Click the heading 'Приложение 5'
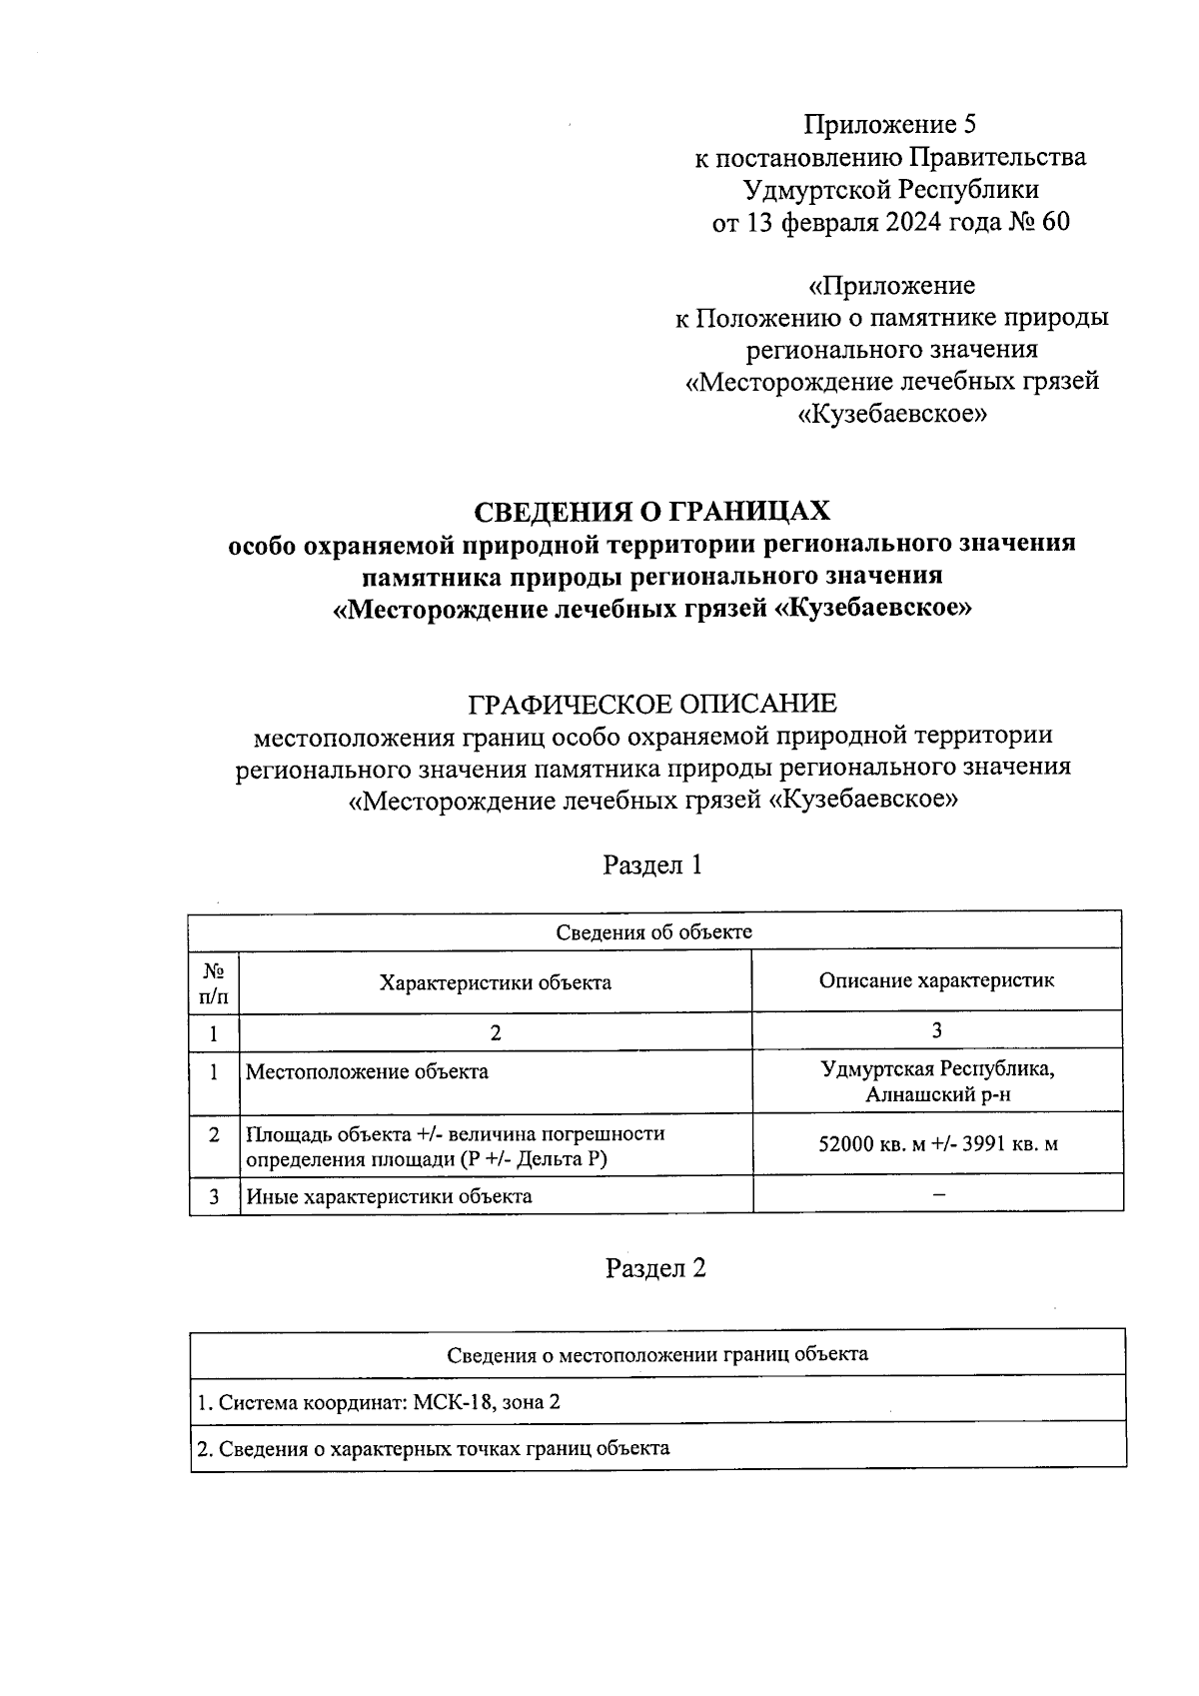[890, 125]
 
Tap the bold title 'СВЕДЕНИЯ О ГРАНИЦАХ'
[651, 512]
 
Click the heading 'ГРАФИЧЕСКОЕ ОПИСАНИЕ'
[652, 704]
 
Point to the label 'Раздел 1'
[652, 864]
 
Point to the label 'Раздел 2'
[655, 1268]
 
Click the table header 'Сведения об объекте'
[654, 931]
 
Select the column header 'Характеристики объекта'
[495, 982]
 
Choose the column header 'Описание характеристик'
[936, 980]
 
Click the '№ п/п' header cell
[214, 982]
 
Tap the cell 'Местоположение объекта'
[368, 1072]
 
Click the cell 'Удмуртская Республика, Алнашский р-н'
[936, 1081]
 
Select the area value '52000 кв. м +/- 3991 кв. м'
[937, 1144]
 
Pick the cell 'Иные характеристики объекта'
[389, 1196]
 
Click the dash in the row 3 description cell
[937, 1194]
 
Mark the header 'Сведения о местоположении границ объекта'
[656, 1355]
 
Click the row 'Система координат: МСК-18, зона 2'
[380, 1402]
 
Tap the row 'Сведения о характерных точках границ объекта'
[433, 1448]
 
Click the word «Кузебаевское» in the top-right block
[892, 414]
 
